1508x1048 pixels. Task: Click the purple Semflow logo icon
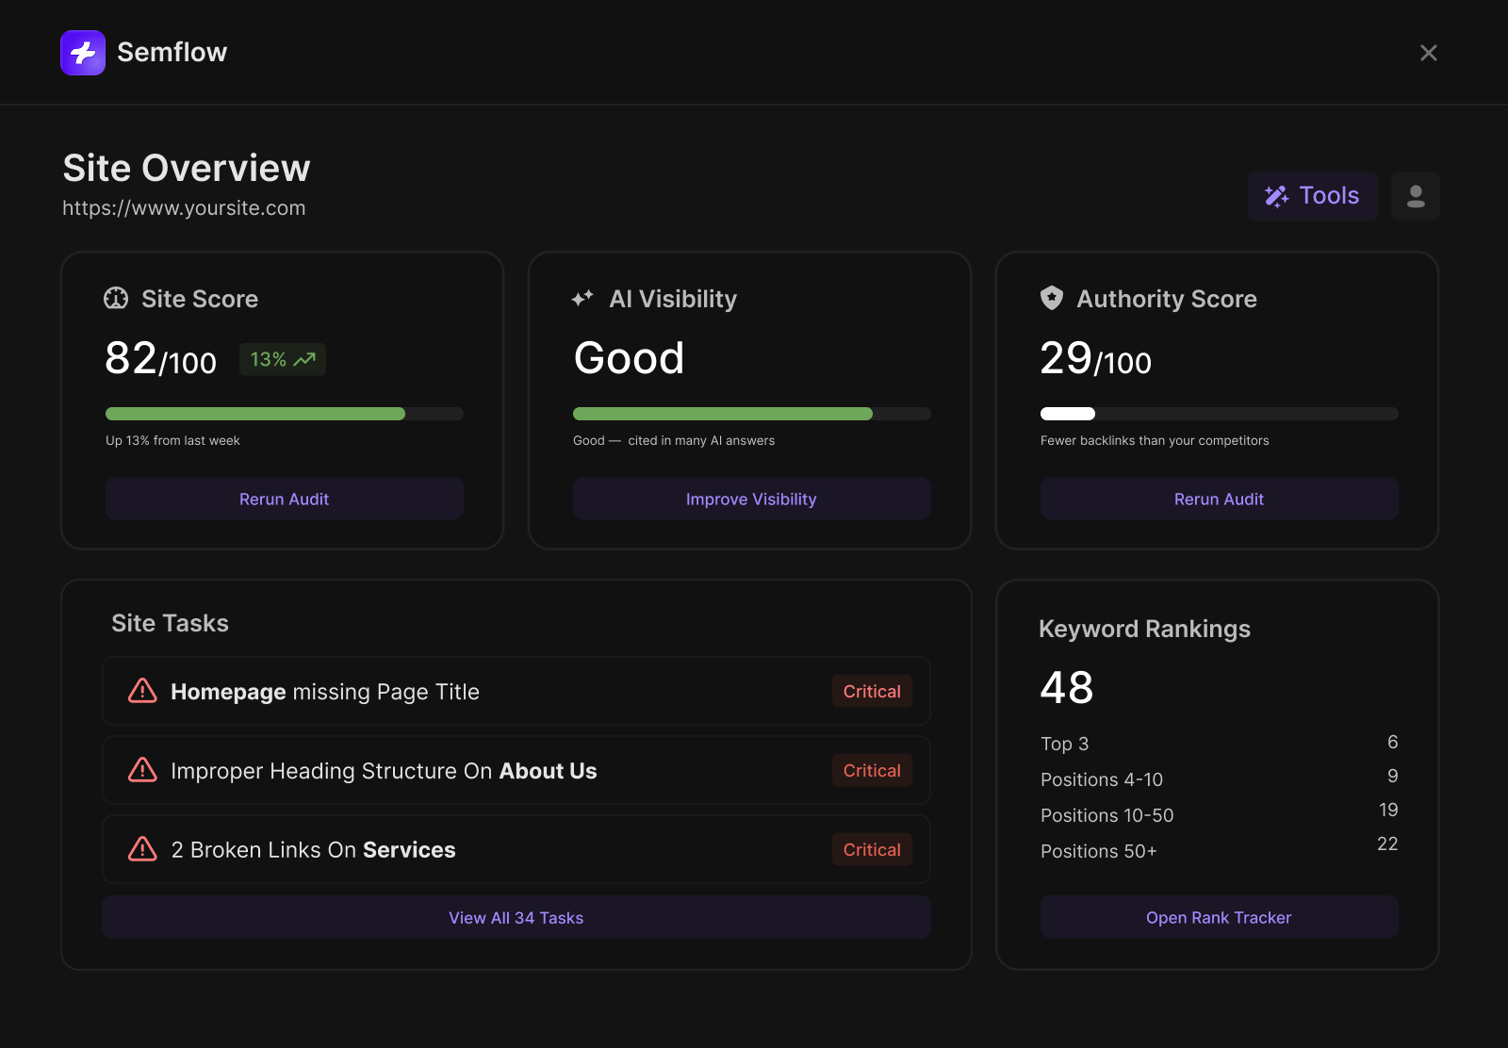tap(83, 53)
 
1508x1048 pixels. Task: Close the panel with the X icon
tap(1429, 53)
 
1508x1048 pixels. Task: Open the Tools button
tap(1312, 196)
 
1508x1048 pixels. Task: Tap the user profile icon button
tap(1415, 196)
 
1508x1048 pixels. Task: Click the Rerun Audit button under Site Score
tap(284, 499)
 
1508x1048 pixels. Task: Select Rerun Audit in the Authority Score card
tap(1220, 499)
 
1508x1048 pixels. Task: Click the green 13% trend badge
tap(283, 359)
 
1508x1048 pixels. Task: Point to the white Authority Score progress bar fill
tap(1068, 414)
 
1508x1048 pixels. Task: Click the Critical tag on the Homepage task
tap(872, 691)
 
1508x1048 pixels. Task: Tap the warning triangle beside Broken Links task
tap(142, 849)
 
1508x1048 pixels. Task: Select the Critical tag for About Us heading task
tap(872, 771)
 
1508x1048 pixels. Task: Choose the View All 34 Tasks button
tap(516, 917)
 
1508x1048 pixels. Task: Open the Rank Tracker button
tap(1220, 917)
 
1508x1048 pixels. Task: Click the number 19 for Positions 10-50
tap(1388, 810)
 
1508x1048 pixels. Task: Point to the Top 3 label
tap(1064, 744)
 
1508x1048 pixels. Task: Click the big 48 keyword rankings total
tap(1067, 687)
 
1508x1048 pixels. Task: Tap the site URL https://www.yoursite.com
tap(184, 208)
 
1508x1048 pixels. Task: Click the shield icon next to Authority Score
tap(1052, 298)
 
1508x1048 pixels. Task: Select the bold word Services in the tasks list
tap(409, 849)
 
